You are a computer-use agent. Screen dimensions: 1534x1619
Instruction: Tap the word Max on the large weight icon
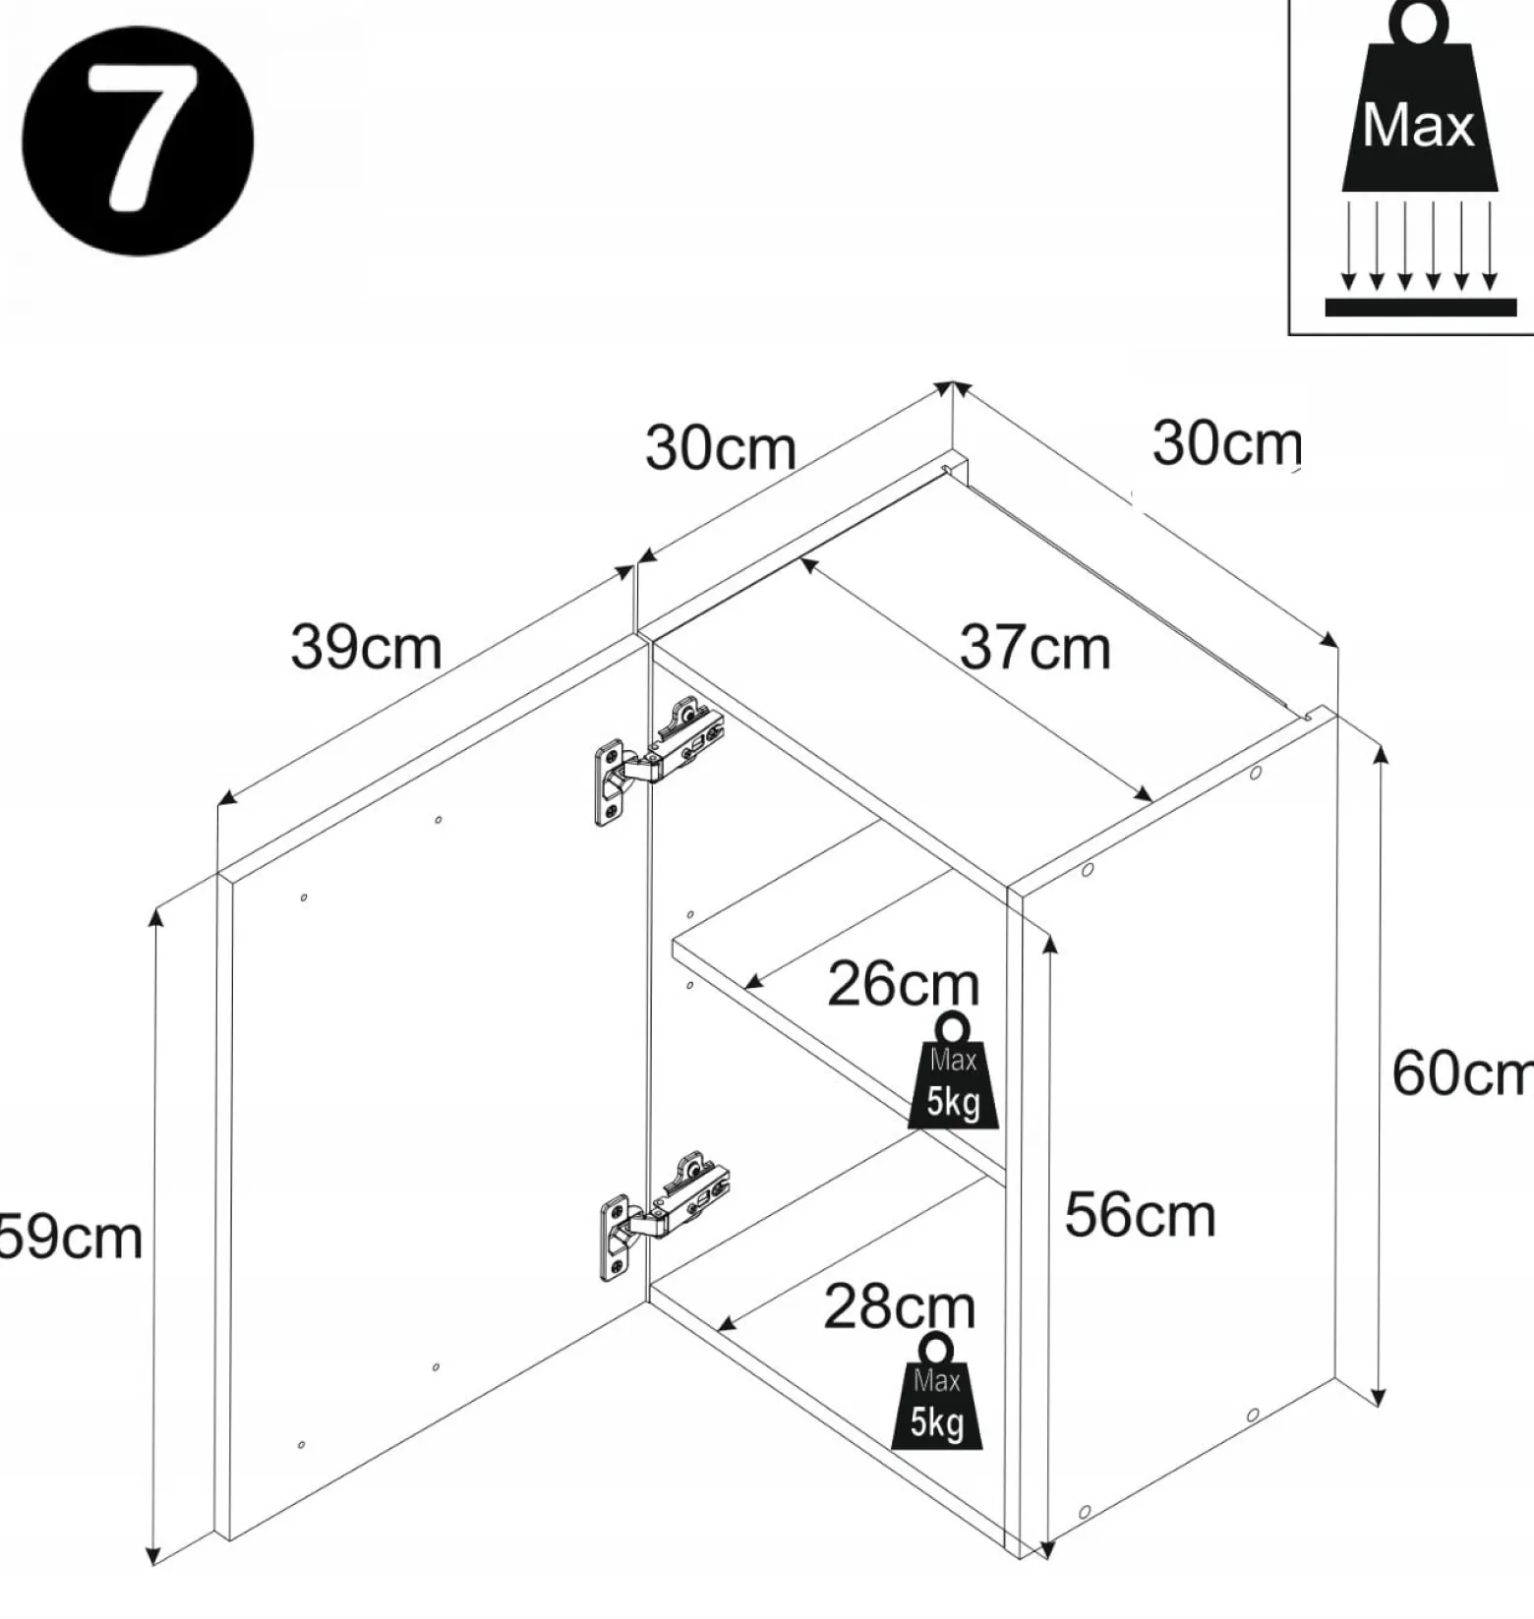(x=1418, y=126)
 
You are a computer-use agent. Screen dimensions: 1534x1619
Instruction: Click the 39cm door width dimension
(x=366, y=648)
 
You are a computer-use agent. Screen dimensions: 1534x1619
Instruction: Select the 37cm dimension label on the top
(x=1034, y=648)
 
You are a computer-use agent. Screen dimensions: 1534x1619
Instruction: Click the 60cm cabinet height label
(x=1462, y=1072)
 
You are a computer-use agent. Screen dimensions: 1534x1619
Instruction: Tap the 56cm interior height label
(x=1140, y=1215)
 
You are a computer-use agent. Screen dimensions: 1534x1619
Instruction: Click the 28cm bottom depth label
(x=899, y=1307)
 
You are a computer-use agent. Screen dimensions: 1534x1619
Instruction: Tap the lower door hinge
(x=664, y=1212)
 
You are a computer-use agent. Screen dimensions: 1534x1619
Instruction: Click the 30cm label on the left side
(x=720, y=447)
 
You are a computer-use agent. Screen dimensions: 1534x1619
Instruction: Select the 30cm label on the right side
(x=1226, y=442)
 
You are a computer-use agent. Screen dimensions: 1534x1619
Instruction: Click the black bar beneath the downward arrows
(x=1421, y=307)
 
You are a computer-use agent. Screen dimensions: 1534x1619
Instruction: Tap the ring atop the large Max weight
(x=1419, y=25)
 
